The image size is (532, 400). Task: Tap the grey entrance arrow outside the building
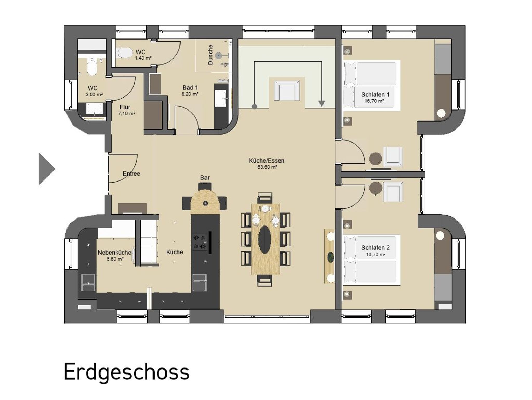(46, 169)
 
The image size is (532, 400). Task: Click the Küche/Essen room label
(267, 160)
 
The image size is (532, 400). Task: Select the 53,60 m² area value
(267, 167)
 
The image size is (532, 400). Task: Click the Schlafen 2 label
(375, 248)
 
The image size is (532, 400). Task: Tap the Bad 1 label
(190, 87)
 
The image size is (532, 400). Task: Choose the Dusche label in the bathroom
(210, 55)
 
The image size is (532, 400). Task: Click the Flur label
(125, 107)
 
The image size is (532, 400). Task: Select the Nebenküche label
(115, 252)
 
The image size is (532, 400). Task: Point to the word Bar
(205, 178)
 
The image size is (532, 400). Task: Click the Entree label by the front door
(131, 173)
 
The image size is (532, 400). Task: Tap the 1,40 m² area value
(143, 58)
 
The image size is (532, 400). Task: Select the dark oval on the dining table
(265, 239)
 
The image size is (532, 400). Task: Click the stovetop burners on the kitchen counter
(199, 242)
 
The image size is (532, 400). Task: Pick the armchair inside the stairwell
(287, 90)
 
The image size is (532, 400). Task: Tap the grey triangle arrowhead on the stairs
(322, 104)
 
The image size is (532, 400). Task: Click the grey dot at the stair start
(255, 106)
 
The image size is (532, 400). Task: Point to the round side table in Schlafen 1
(376, 158)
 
